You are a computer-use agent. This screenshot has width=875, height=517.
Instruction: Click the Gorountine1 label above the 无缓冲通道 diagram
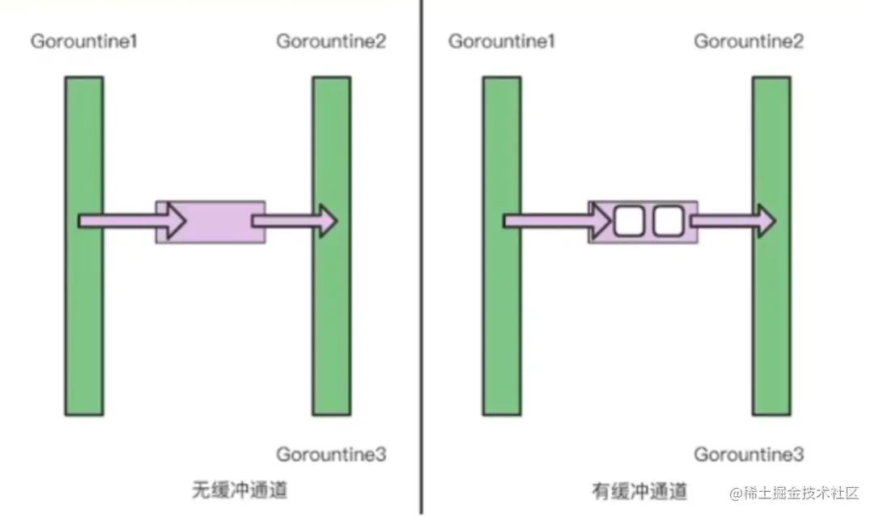tap(83, 40)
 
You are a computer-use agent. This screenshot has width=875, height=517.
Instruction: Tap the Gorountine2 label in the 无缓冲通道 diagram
tap(331, 40)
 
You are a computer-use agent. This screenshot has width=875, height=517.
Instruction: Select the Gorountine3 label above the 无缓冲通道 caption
tap(331, 454)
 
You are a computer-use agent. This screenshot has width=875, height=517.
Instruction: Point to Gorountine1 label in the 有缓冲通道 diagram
tap(502, 40)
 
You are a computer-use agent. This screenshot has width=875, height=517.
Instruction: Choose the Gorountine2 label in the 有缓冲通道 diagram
tap(749, 40)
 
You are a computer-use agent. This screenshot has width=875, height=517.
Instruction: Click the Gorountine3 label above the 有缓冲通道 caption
tap(749, 454)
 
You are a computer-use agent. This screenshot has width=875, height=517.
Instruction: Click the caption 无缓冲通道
tap(240, 489)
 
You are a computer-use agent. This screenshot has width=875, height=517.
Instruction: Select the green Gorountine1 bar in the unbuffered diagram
tap(84, 324)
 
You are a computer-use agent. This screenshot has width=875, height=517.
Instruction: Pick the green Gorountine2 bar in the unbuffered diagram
tap(332, 324)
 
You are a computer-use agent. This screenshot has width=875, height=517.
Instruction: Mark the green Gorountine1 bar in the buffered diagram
tap(502, 324)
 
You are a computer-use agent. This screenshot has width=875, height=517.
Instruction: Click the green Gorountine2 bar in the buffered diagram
tap(771, 324)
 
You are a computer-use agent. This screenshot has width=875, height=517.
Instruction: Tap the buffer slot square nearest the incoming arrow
tap(628, 221)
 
